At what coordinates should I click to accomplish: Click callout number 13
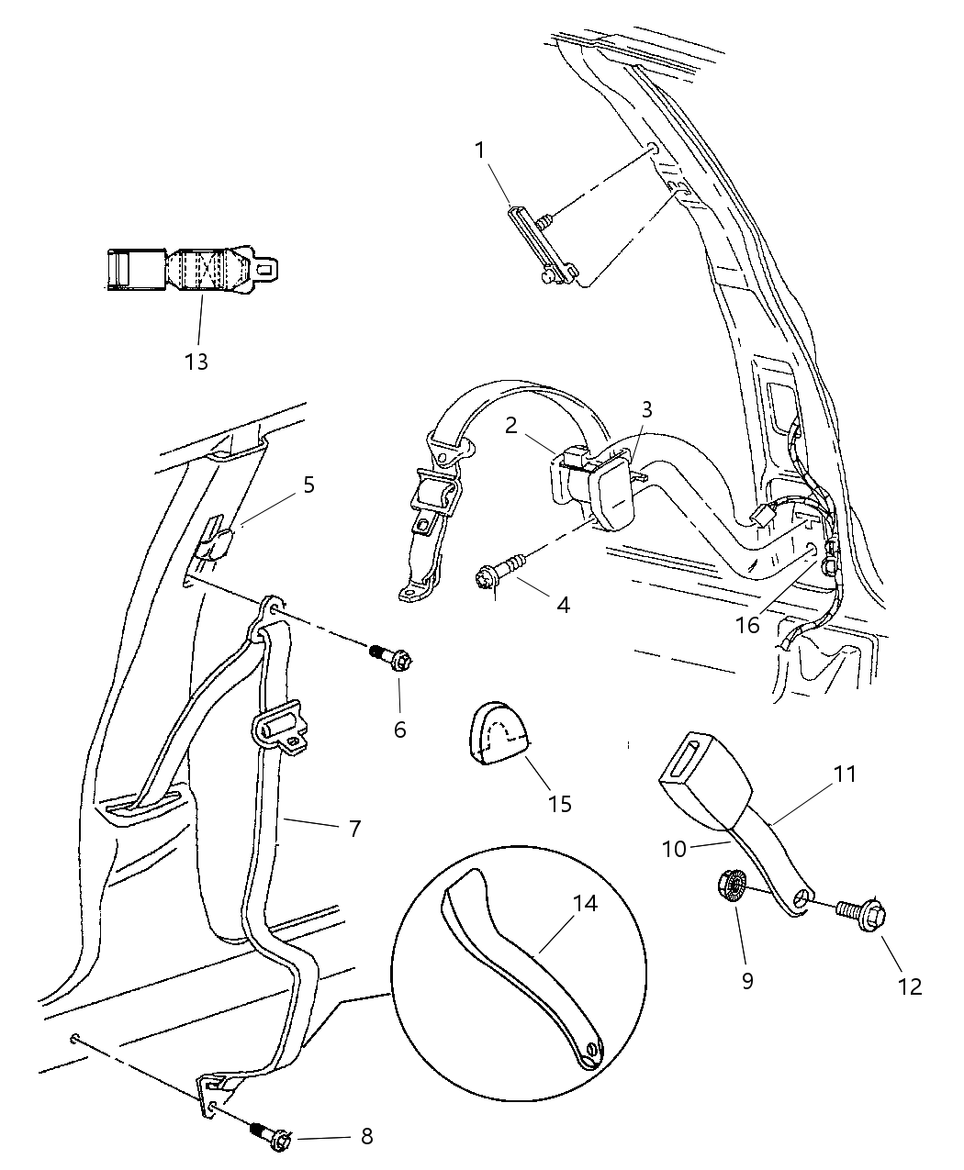(x=196, y=362)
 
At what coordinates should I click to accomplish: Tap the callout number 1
(x=479, y=150)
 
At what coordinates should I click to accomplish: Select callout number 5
(x=308, y=485)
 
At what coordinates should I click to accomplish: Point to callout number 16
(x=748, y=625)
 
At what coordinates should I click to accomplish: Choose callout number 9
(x=746, y=980)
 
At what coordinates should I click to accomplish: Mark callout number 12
(x=910, y=986)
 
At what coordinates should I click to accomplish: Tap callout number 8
(x=366, y=1136)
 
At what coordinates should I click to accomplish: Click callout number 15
(x=559, y=804)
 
